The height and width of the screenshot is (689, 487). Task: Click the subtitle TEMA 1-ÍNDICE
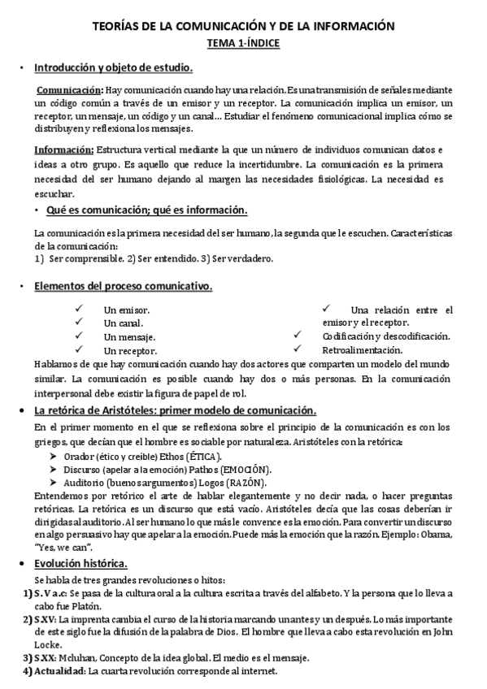point(243,42)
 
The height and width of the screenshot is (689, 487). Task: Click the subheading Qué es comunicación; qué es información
point(147,210)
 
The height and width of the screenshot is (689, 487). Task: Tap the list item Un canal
point(121,323)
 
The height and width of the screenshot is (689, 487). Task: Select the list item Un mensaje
point(130,336)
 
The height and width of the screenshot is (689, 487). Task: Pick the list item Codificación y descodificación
point(385,336)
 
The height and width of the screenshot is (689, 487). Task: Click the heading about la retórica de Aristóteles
point(175,410)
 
